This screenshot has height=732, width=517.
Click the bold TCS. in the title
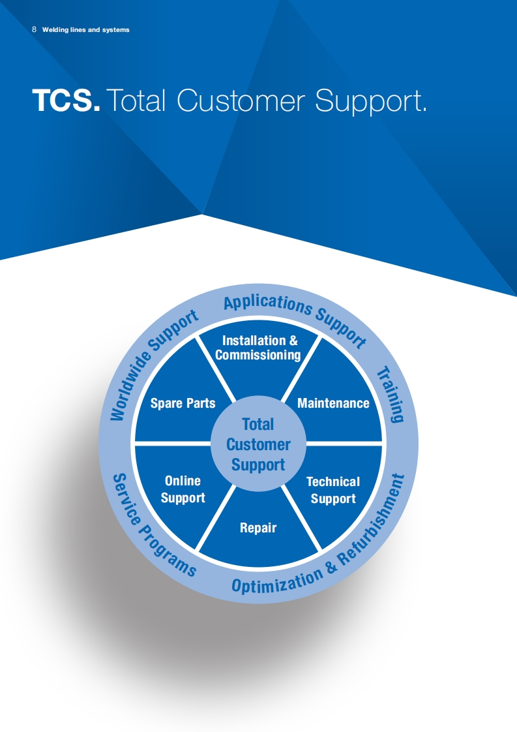66,100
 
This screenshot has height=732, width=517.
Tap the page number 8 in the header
34,29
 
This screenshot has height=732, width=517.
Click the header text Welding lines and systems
85,30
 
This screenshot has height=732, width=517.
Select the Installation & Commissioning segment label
258,348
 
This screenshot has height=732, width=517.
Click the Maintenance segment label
333,403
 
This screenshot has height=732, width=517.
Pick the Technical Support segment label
333,490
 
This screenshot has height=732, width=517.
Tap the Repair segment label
258,528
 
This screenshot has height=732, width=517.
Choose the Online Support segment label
183,489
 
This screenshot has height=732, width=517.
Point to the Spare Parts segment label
183,403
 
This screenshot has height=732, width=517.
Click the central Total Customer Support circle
258,444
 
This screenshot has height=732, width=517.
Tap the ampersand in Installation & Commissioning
293,341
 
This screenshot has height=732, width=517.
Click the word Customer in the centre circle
258,445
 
